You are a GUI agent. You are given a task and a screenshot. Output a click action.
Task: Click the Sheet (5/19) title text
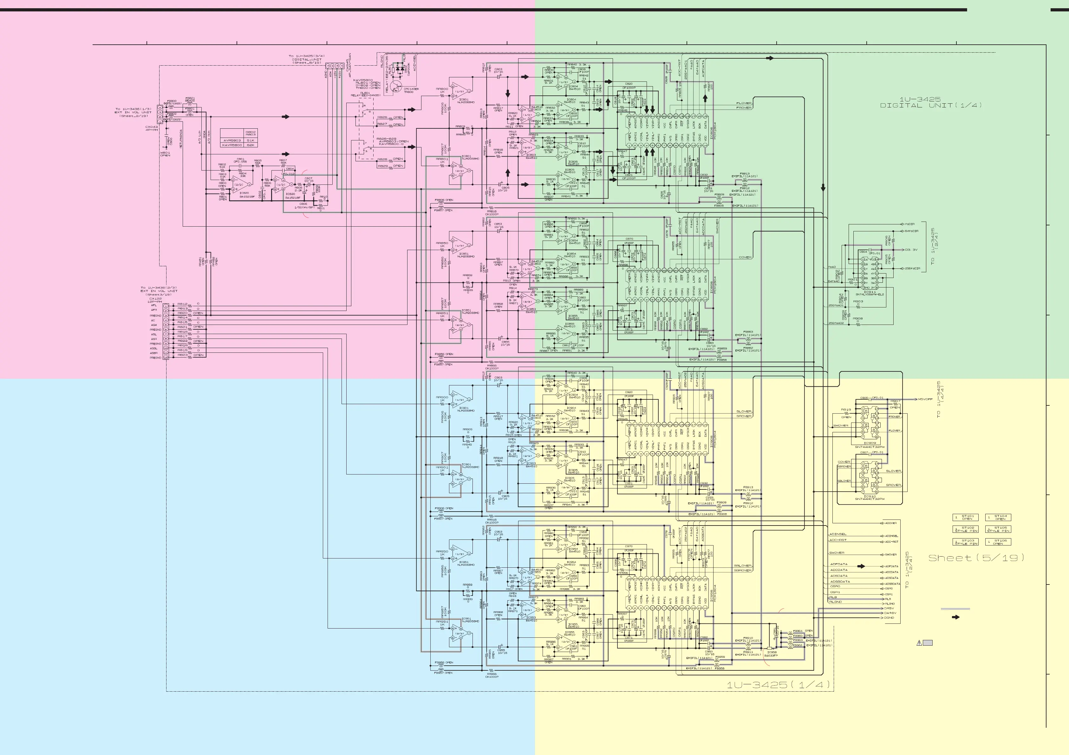976,558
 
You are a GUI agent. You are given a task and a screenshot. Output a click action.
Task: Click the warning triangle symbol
919,643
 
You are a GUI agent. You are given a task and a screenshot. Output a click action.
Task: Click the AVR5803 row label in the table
232,140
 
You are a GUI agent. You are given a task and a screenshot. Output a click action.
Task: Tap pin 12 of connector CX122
165,358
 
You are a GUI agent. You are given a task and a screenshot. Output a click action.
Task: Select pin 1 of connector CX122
165,305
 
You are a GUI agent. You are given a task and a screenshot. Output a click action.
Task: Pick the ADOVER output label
891,523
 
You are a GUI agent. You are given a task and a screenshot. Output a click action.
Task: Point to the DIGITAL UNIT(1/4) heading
931,106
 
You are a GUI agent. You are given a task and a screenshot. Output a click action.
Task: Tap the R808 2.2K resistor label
298,189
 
